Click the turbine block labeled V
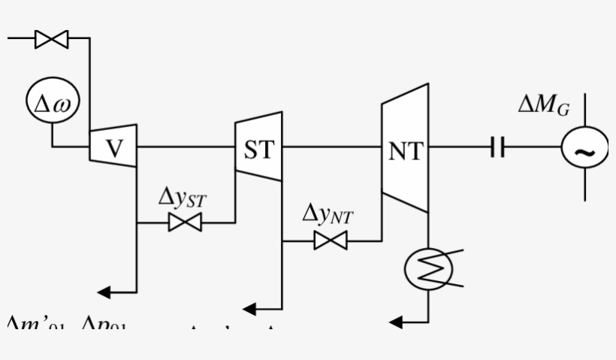113,146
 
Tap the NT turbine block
405,149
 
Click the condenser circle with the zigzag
427,269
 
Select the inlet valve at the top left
52,39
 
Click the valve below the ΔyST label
185,222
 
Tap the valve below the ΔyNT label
331,241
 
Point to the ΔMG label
543,106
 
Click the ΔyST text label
182,198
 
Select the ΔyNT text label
328,215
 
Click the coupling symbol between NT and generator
497,148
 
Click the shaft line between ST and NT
331,147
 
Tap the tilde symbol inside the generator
584,151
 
